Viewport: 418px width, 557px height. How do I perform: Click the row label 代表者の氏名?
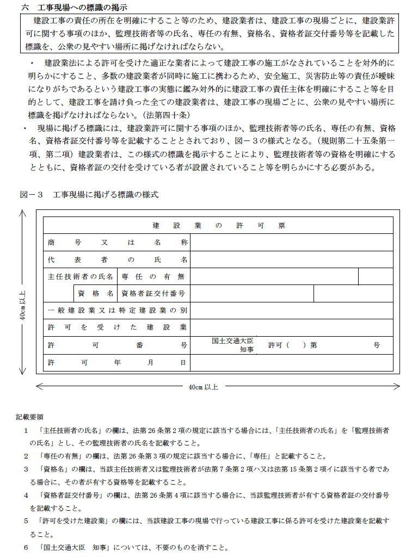117,259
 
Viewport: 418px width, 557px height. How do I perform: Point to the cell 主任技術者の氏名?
81,276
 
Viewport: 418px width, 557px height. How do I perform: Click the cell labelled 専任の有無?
153,276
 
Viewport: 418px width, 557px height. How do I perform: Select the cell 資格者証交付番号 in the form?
153,293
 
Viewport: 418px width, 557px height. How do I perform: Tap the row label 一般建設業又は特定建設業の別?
117,310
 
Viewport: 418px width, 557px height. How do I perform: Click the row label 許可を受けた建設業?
117,327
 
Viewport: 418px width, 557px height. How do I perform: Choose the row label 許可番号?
117,345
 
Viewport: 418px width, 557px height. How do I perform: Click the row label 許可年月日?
117,362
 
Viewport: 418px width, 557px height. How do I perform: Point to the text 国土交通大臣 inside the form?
233,341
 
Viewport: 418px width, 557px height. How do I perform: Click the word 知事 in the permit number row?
247,350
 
